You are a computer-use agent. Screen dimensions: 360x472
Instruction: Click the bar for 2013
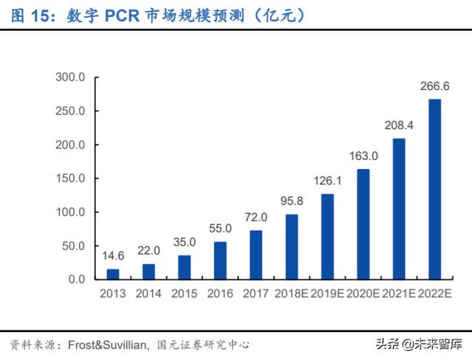click(x=113, y=274)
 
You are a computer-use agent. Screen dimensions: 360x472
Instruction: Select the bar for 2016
click(x=221, y=260)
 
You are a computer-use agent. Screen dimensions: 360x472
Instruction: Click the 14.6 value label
click(x=113, y=255)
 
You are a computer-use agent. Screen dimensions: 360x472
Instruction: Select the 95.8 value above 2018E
click(x=292, y=201)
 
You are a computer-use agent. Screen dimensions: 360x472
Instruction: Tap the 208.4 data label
click(x=399, y=125)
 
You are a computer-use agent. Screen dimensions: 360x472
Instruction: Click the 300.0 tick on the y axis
click(x=72, y=77)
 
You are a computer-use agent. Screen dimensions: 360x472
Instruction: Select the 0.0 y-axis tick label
click(x=77, y=279)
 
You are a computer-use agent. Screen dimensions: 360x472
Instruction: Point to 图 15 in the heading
click(x=28, y=15)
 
